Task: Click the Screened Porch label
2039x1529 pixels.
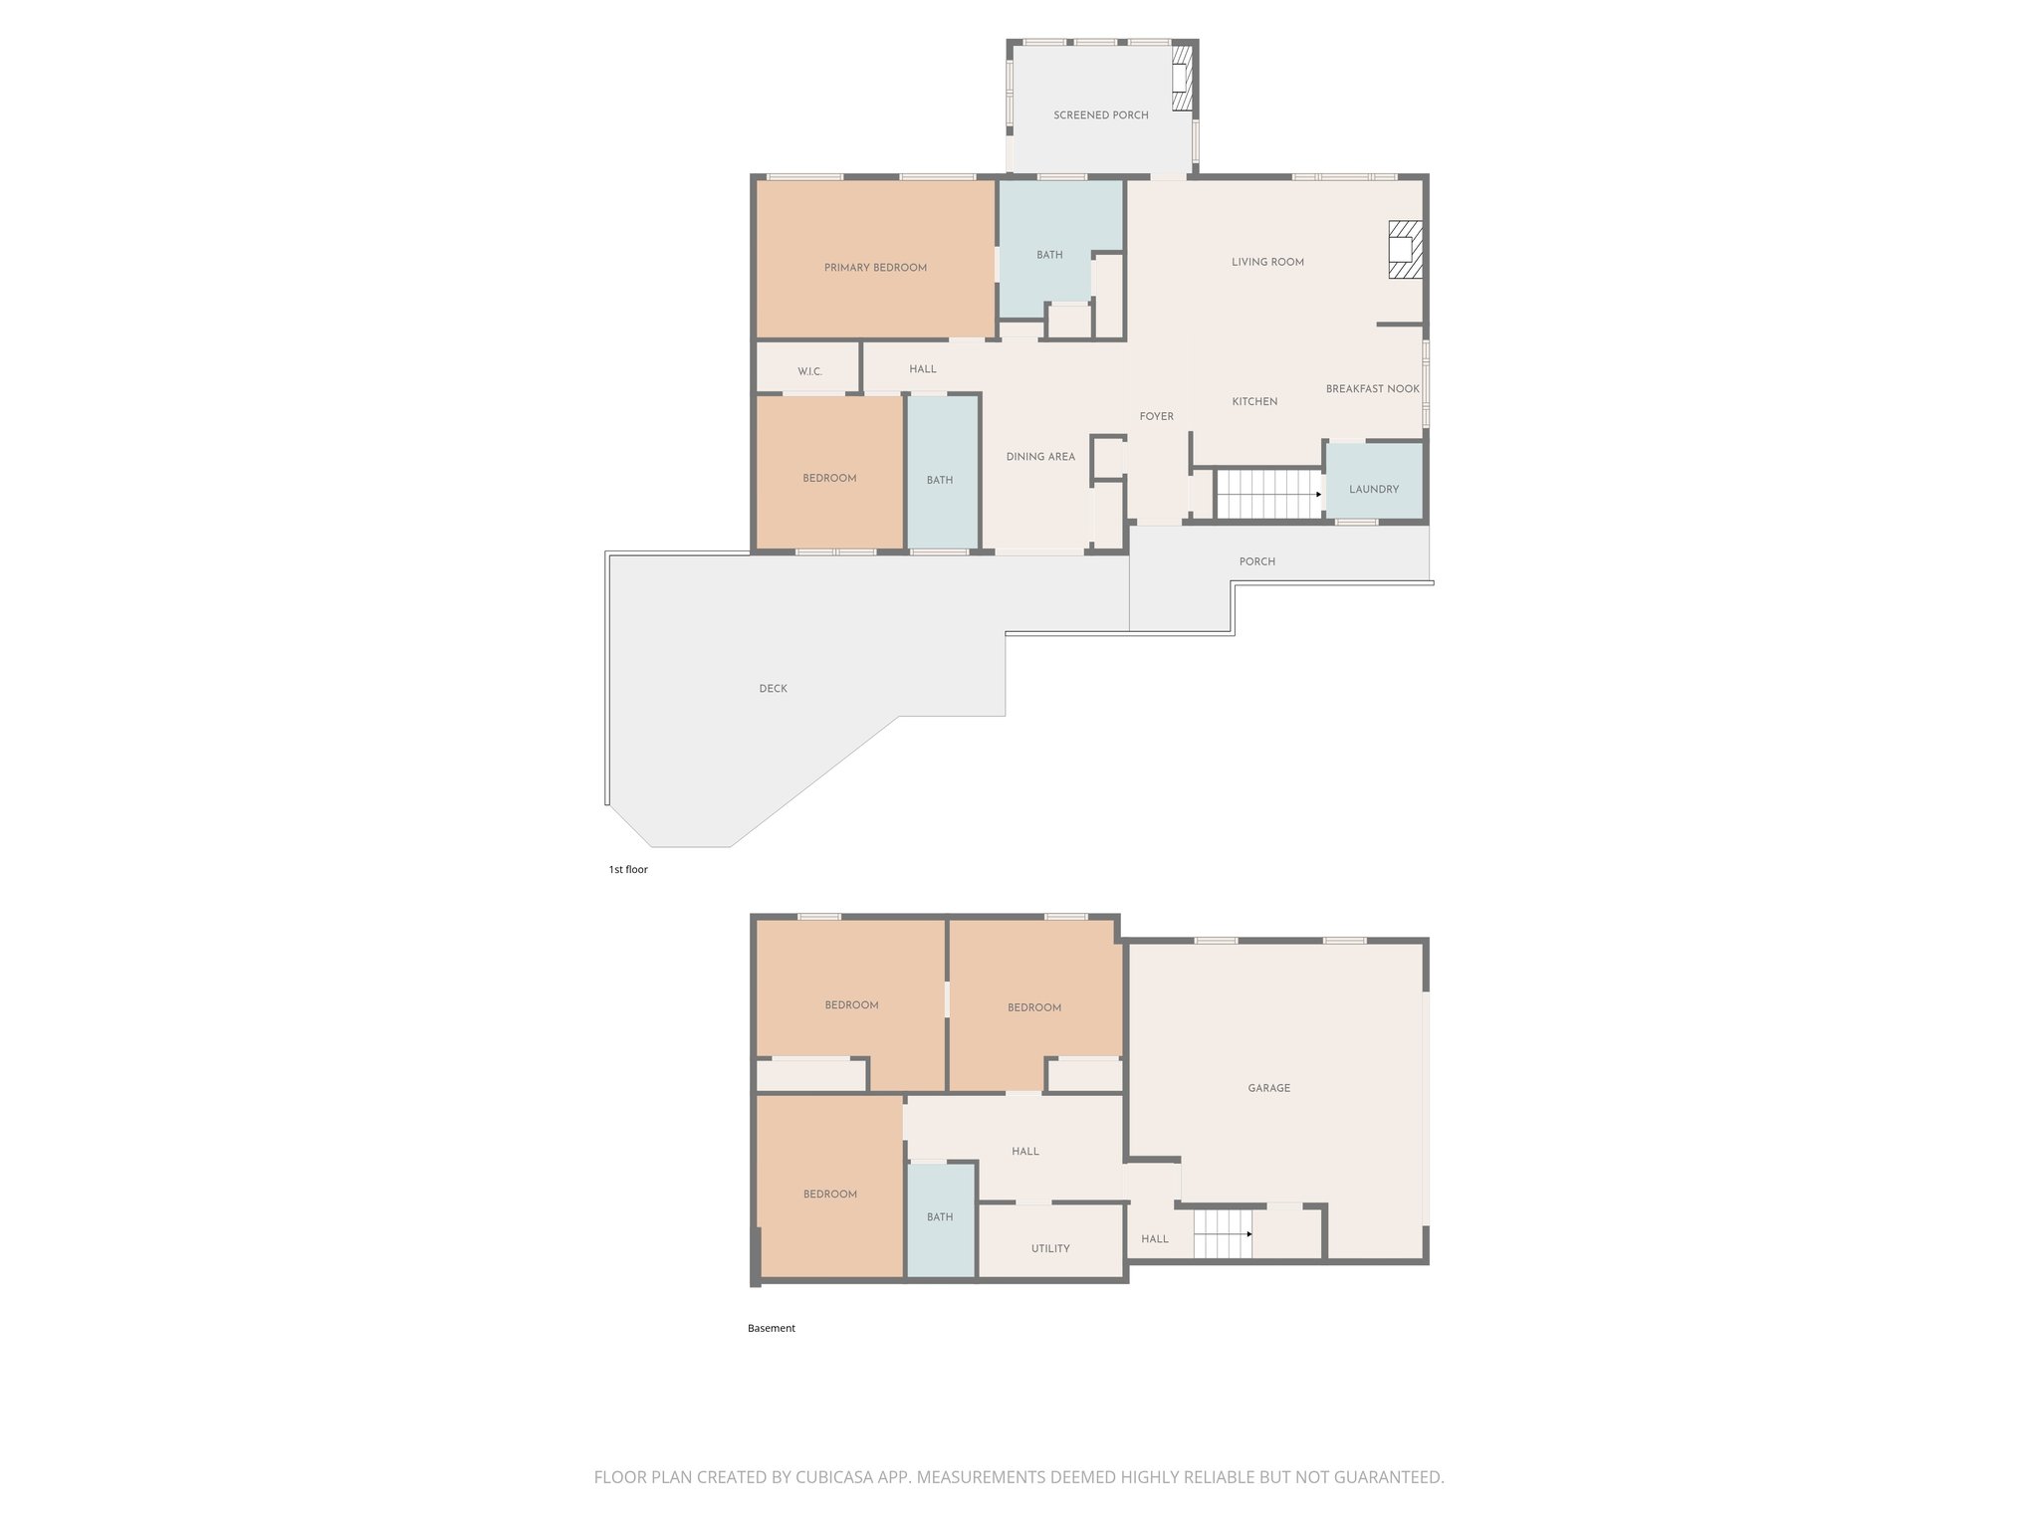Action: coord(1100,115)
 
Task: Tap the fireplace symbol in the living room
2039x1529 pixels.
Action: coord(1404,249)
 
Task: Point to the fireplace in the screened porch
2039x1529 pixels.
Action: coord(1182,78)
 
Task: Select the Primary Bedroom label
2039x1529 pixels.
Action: coord(875,268)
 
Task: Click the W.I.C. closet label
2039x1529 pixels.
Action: coord(809,372)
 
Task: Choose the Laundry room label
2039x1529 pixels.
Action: coord(1374,490)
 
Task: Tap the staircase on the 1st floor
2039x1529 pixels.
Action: coord(1266,494)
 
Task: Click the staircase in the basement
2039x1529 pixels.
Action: coord(1222,1234)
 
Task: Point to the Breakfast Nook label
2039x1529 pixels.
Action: coord(1372,389)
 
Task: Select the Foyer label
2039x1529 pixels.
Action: coord(1156,417)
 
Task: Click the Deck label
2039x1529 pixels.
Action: coord(773,689)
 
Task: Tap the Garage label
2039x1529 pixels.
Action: coord(1268,1089)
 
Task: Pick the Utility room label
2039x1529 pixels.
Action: coord(1050,1249)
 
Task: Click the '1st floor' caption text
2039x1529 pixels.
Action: coord(628,870)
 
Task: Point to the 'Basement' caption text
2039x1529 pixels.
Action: coord(772,1329)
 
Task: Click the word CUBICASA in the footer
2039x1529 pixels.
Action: coord(833,1477)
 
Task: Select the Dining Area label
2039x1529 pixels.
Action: coord(1040,457)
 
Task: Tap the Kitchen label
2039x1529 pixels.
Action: coord(1254,402)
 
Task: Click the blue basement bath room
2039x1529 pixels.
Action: coord(940,1218)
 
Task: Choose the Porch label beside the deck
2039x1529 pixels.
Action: coord(1256,562)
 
